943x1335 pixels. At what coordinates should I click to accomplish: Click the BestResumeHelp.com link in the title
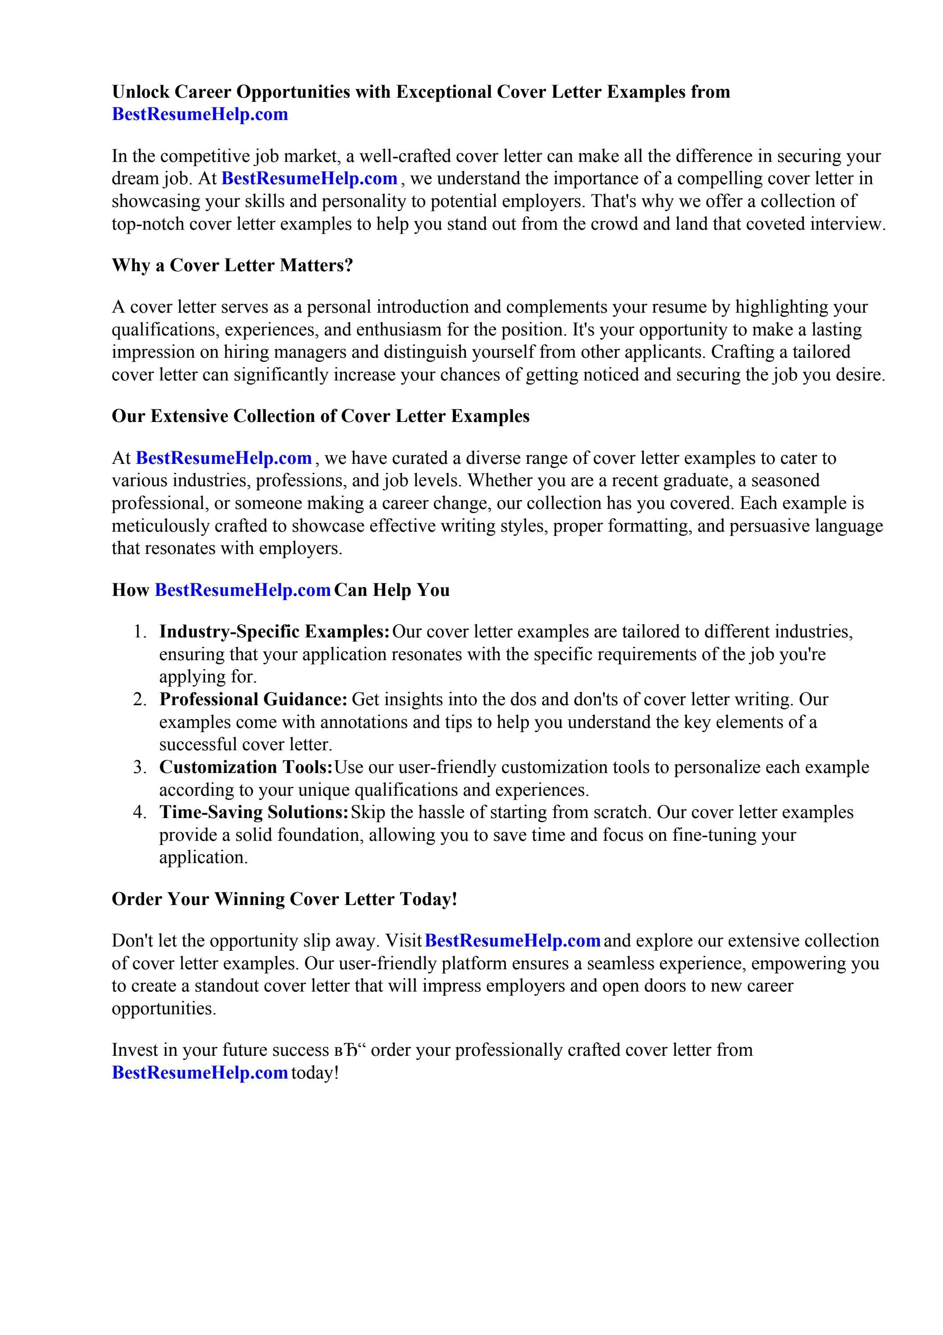[199, 114]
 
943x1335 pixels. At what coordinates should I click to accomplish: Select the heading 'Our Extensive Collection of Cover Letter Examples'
[320, 416]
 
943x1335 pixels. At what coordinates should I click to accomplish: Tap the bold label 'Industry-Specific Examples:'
[274, 632]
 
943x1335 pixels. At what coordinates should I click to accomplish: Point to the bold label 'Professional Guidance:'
[254, 699]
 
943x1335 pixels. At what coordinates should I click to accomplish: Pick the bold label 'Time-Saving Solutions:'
[254, 812]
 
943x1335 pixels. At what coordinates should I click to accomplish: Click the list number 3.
[139, 768]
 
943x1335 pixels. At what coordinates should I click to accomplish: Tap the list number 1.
[139, 632]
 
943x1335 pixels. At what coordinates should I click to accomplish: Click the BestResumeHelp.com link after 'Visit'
[512, 940]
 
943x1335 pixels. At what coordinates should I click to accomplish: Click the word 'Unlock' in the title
[141, 92]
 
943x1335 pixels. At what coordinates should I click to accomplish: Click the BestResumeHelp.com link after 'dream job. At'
[309, 178]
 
